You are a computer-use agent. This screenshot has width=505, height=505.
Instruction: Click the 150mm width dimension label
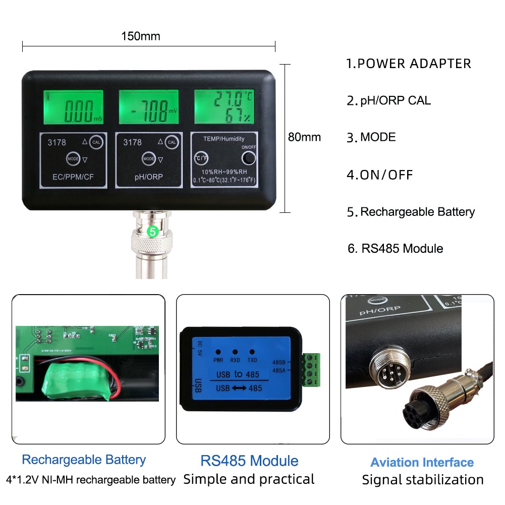point(141,36)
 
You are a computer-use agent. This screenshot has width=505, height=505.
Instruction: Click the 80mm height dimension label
point(304,137)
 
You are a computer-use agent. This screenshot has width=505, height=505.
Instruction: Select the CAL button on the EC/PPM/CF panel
point(97,142)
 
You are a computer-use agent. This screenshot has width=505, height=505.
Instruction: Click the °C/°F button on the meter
point(201,158)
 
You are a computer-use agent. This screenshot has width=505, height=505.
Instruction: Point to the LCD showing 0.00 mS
point(73,106)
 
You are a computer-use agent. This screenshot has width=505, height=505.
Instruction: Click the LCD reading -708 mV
point(149,106)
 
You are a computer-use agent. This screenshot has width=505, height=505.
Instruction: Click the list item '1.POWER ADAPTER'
point(409,64)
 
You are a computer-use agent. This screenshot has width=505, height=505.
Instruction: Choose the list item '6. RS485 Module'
point(396,248)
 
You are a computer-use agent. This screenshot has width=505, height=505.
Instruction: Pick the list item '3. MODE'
point(372,137)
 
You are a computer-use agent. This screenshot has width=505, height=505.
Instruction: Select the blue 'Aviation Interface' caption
point(422,463)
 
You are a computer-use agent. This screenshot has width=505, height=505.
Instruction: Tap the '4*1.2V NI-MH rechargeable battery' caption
point(91,479)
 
